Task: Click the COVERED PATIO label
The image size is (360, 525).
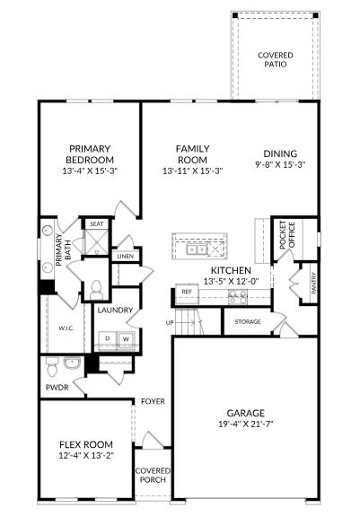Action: point(275,59)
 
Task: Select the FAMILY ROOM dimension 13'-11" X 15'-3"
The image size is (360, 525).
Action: point(192,170)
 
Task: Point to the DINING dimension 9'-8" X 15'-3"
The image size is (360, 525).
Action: point(280,164)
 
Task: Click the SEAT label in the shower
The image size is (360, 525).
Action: point(95,224)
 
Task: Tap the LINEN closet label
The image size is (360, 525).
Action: point(125,257)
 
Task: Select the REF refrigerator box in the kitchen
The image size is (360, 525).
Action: point(187,292)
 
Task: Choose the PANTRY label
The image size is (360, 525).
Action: point(313,284)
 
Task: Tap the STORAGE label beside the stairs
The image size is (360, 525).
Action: point(248,320)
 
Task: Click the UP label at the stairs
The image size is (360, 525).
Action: point(170,321)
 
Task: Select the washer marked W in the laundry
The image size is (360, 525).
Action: point(127,338)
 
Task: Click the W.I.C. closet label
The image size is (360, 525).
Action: point(66,328)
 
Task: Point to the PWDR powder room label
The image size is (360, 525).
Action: point(57,389)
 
